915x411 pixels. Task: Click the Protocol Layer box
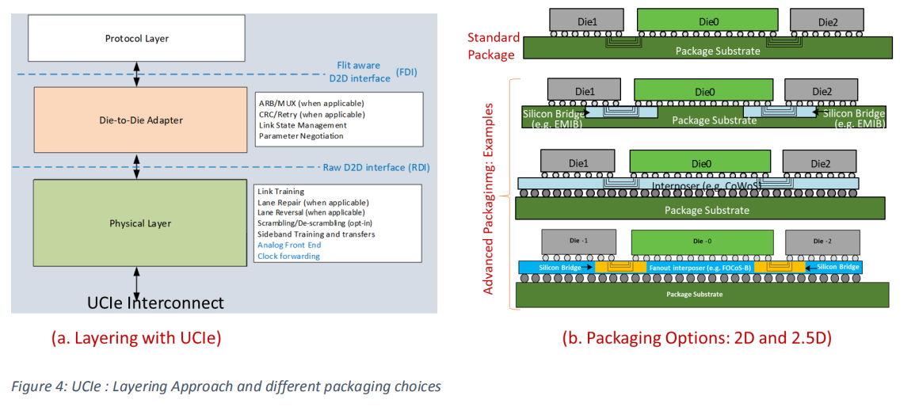(137, 39)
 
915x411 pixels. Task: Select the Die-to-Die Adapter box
(140, 120)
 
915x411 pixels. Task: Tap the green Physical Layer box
(139, 223)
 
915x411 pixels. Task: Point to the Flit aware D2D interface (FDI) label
(361, 72)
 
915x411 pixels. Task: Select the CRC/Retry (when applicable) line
(311, 114)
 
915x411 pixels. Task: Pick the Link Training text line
(281, 192)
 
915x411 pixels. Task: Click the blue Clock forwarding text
(289, 256)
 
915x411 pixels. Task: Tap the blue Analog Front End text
(289, 245)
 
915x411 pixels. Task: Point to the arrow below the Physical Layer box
(138, 282)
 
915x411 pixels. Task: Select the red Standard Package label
(493, 46)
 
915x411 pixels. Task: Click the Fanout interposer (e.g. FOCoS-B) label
(688, 268)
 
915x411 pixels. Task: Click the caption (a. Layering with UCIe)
(135, 338)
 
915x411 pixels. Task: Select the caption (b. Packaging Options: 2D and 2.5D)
(696, 338)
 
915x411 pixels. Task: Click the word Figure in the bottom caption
(30, 387)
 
